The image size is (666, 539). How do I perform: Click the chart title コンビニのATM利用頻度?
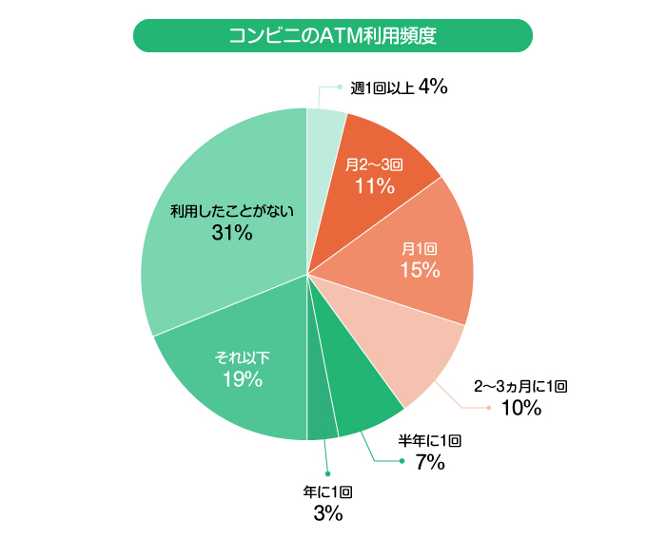tap(332, 35)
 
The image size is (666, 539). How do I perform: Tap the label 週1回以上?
tap(382, 88)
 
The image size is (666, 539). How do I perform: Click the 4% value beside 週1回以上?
tap(432, 87)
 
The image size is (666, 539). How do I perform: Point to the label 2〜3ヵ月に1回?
tap(520, 387)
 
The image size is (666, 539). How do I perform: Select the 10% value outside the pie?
tap(520, 410)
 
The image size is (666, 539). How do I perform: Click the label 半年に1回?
tap(429, 441)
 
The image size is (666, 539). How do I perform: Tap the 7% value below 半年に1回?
tap(429, 463)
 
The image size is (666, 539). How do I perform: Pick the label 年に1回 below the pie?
tap(327, 492)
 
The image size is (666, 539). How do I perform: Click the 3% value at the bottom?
tap(327, 514)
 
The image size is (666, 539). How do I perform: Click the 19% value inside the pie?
tap(242, 380)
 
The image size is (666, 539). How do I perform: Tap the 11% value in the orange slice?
tap(374, 186)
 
